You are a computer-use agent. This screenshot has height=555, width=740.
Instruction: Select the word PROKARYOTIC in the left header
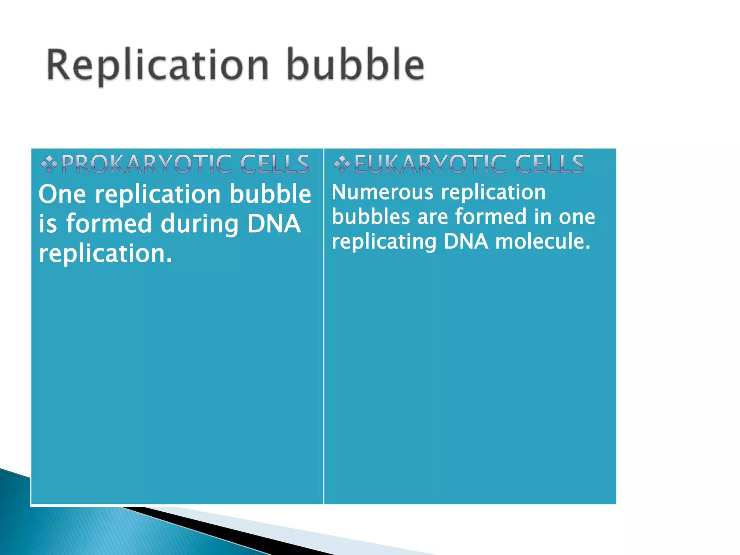point(146,164)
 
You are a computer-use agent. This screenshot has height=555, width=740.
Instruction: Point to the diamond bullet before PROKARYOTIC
point(49,165)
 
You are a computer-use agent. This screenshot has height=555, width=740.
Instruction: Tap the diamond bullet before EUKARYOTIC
point(341,165)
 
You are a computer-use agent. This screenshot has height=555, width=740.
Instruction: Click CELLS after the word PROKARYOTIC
point(275,164)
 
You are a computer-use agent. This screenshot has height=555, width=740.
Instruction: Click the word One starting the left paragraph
point(62,194)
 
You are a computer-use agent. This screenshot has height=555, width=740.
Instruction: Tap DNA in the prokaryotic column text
point(274,224)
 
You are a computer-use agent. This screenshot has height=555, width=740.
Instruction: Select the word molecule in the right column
point(542,241)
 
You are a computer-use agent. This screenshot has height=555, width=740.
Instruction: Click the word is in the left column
point(48,224)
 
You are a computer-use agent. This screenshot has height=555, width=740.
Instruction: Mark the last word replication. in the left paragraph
point(106,253)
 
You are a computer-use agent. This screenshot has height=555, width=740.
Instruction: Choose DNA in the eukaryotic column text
point(466,241)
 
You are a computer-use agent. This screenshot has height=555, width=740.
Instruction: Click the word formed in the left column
point(109,224)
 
